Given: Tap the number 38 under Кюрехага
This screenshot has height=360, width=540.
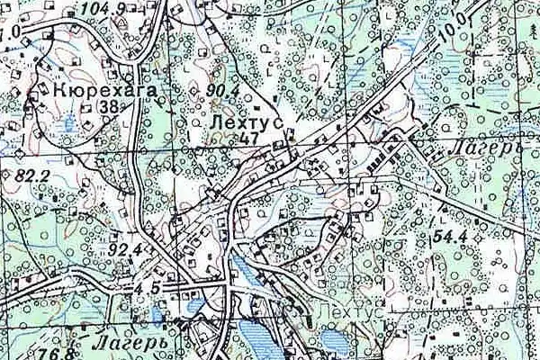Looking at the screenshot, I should tap(112, 106).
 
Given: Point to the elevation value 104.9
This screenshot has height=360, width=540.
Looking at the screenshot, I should tap(103, 10).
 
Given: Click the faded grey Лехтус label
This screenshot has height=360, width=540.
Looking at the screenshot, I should tap(351, 311).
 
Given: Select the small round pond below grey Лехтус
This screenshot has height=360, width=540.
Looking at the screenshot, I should tap(330, 340).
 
